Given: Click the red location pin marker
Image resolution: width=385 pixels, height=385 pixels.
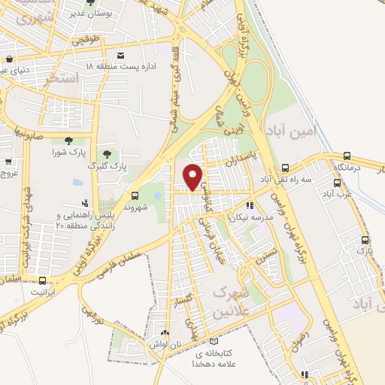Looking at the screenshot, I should coord(193,176).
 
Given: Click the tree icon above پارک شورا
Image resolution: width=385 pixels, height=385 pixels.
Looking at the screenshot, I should coord(69,141).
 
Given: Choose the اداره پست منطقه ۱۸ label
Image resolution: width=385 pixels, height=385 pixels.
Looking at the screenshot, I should coord(120,67).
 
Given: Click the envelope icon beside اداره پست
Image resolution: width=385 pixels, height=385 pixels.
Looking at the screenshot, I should coord(120,55).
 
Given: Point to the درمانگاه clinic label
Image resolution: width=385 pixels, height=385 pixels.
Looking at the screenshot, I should coord(348,167).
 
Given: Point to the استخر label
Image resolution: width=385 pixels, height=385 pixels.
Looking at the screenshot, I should coord(62,77).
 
